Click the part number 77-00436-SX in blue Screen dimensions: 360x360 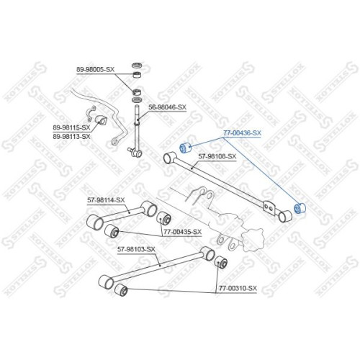[x=242, y=132]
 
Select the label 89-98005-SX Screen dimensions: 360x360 [x=95, y=70]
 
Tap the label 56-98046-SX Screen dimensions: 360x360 [x=167, y=107]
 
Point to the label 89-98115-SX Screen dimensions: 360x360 [x=71, y=127]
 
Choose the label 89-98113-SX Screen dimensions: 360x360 [x=71, y=136]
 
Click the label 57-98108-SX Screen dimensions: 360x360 [x=217, y=156]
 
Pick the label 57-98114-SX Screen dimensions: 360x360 [x=106, y=199]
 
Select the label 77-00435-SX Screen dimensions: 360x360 [x=183, y=232]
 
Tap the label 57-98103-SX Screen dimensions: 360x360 [x=136, y=249]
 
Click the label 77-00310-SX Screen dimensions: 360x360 [x=238, y=288]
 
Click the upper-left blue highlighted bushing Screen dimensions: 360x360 [x=185, y=148]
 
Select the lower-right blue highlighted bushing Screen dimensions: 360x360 [x=300, y=208]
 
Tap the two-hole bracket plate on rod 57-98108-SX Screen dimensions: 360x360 [x=269, y=207]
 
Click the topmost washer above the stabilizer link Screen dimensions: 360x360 [x=137, y=66]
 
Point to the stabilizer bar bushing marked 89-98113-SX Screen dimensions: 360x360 [x=101, y=120]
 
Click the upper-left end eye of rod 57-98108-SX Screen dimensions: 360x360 [x=170, y=157]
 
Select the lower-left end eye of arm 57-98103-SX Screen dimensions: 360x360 [x=106, y=282]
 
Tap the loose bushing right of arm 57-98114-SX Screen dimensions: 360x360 [x=163, y=217]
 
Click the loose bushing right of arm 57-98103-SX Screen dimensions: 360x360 [x=220, y=263]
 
